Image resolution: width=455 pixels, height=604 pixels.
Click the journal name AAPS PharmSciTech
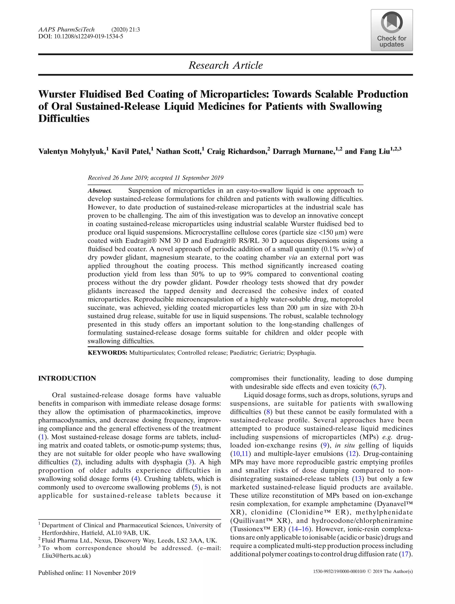tap(66, 30)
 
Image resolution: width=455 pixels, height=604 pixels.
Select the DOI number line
tap(81, 36)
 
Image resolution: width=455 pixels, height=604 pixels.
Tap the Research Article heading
tap(226, 65)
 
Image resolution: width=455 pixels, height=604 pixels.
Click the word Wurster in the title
tap(57, 94)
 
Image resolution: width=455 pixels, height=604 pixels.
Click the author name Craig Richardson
tap(236, 152)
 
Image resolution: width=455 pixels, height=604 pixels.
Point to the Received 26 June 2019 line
tap(156, 178)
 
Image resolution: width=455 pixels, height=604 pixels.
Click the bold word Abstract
tap(100, 191)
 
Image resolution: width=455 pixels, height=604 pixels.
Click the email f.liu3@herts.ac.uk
tap(66, 556)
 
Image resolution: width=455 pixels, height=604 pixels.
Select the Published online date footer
tap(87, 573)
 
